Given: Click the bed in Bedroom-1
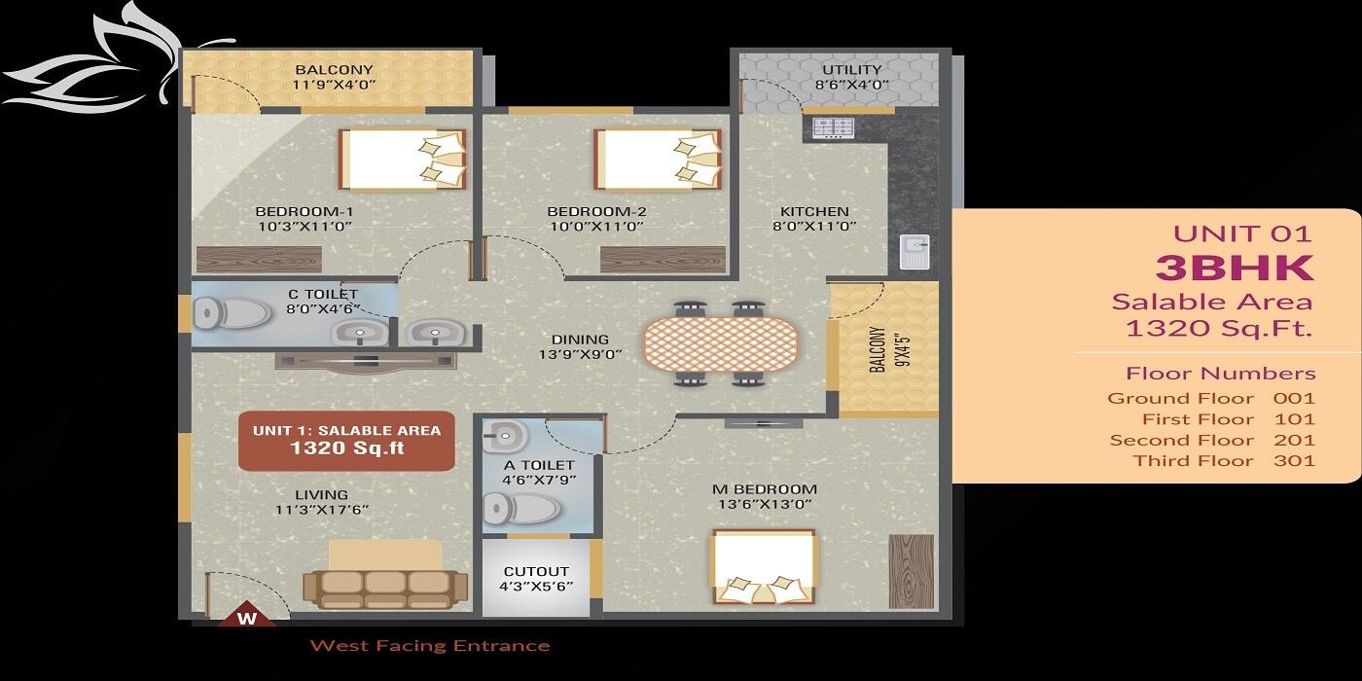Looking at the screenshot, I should [403, 159].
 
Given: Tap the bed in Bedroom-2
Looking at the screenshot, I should [659, 159].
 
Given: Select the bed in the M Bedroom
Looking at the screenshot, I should [764, 566].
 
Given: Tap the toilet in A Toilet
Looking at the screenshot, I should [521, 508].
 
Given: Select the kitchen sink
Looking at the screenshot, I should [914, 252].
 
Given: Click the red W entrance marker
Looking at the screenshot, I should [247, 617].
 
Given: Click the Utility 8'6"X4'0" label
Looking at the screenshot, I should [851, 77].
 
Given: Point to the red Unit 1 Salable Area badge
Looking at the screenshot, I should [346, 440].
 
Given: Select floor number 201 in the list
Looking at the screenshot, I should [1294, 440].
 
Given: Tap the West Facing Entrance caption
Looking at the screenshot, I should [429, 646].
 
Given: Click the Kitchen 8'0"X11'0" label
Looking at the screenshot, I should [814, 219].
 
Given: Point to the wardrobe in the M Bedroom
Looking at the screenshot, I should [911, 571].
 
